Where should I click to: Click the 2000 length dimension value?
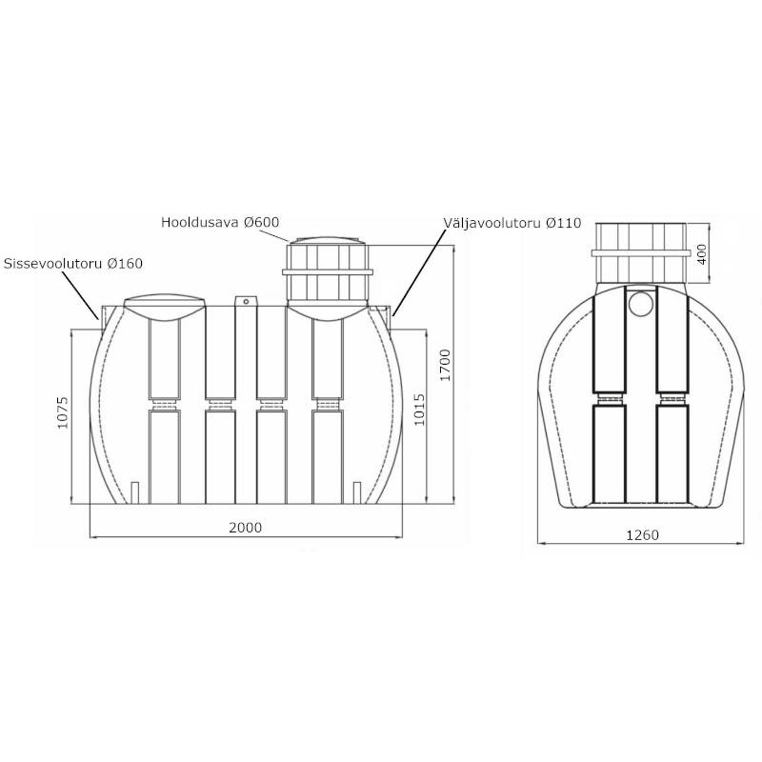[245, 528]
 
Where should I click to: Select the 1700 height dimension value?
[445, 365]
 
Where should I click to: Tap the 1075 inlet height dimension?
[63, 412]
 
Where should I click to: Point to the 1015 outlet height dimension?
[419, 410]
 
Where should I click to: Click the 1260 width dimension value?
[642, 535]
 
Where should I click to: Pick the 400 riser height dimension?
[702, 254]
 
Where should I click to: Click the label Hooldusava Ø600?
[220, 222]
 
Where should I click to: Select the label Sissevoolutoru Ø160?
[73, 264]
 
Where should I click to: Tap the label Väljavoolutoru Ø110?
[511, 223]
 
